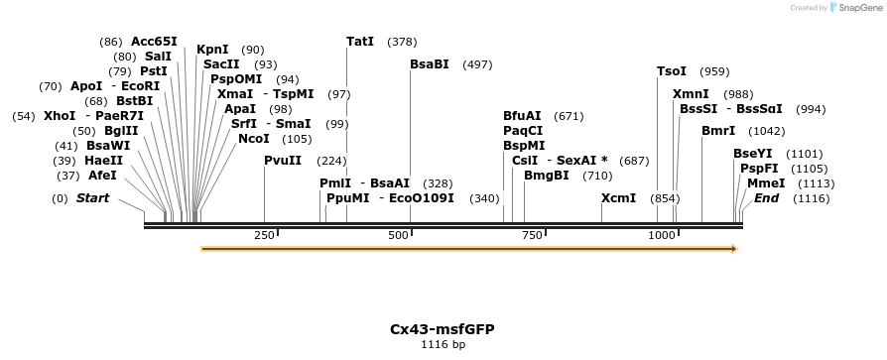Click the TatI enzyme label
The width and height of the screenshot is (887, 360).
360,42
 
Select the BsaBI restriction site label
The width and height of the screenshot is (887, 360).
430,64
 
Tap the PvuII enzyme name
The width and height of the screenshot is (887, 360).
283,161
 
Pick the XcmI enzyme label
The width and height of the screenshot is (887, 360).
618,198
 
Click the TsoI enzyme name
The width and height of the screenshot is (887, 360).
672,71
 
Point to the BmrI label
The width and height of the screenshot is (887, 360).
718,131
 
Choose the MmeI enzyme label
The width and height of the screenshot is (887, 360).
766,183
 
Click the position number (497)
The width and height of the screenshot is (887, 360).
477,64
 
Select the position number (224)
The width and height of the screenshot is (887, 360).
331,161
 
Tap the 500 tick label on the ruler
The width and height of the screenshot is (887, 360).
398,235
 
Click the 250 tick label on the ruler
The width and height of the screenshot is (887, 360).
264,235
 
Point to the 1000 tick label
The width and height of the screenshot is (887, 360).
662,235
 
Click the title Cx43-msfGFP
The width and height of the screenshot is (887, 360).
443,328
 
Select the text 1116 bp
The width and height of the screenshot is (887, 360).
443,345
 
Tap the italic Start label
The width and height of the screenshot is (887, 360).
92,198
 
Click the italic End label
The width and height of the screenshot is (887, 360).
766,198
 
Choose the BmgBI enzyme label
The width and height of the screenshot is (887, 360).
547,176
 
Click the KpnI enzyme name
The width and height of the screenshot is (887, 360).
212,49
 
